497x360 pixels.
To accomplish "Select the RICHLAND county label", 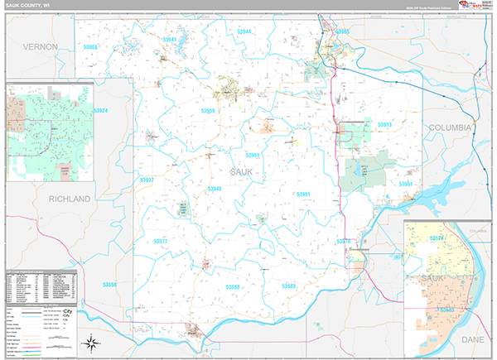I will [x=69, y=199].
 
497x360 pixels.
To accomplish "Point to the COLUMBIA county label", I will [x=450, y=127].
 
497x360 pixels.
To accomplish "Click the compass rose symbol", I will [x=93, y=343].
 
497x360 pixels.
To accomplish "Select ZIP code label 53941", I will [x=170, y=39].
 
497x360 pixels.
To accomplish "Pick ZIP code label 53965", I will [x=342, y=31].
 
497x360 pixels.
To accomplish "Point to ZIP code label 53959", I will [x=208, y=110].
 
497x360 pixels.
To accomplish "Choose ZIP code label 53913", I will [x=384, y=124].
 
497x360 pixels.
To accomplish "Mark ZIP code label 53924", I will [x=101, y=110].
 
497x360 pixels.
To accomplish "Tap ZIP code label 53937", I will [x=147, y=180].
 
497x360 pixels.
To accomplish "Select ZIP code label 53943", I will [x=215, y=189].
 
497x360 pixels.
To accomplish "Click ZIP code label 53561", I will [x=406, y=184].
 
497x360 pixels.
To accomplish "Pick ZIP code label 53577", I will [x=160, y=241].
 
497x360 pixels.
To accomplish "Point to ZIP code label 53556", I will [x=110, y=285].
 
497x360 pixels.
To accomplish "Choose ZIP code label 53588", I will [x=232, y=286].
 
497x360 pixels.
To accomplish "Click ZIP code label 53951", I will [x=303, y=194].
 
